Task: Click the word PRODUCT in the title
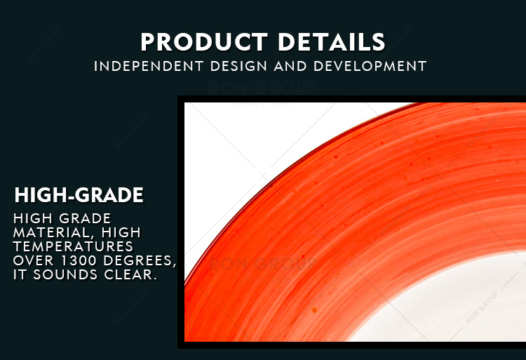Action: [204, 42]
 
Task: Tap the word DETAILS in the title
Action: [332, 42]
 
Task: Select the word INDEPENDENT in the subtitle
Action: [149, 66]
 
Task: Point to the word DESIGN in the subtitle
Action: [238, 66]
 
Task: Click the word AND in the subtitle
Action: [290, 66]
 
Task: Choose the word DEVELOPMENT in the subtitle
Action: [370, 66]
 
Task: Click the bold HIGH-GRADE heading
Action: [79, 195]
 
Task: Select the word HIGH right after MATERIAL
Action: [121, 232]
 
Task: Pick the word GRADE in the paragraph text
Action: [85, 218]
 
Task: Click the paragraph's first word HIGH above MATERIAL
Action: [33, 218]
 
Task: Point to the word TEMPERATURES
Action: [73, 246]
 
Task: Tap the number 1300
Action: [79, 260]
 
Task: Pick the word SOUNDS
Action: [65, 274]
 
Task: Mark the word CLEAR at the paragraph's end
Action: [130, 275]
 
